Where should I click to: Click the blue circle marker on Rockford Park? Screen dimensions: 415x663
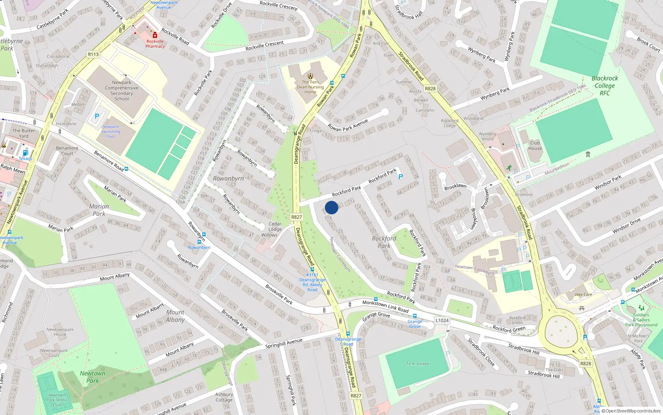point(331,207)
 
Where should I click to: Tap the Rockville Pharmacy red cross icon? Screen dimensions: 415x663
point(155,35)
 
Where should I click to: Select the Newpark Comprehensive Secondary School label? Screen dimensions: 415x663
point(121,90)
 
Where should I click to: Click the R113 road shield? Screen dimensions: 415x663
point(93,54)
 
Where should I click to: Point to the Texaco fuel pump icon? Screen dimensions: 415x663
point(25,153)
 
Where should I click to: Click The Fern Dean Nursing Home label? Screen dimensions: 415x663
point(310,87)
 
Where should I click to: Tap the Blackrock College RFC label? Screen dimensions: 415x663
point(605,85)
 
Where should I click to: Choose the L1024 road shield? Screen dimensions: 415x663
point(442,320)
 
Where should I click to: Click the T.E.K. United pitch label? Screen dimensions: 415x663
point(417,364)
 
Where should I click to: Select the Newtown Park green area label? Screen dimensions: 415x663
point(92,377)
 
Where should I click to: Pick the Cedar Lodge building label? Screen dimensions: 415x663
point(275,227)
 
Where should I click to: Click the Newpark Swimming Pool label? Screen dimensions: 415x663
point(111,132)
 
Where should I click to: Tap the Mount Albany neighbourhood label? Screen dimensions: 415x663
point(175,316)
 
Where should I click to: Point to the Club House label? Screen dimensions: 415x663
point(535,145)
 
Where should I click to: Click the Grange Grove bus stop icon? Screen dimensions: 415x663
point(414,316)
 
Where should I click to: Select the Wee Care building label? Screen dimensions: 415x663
point(583,295)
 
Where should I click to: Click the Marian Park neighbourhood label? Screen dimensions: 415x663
point(99,210)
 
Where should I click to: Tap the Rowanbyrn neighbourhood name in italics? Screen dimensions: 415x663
point(228,178)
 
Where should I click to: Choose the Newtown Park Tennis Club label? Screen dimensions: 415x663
point(57,400)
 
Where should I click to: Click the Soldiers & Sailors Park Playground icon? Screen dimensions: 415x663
point(641,308)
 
